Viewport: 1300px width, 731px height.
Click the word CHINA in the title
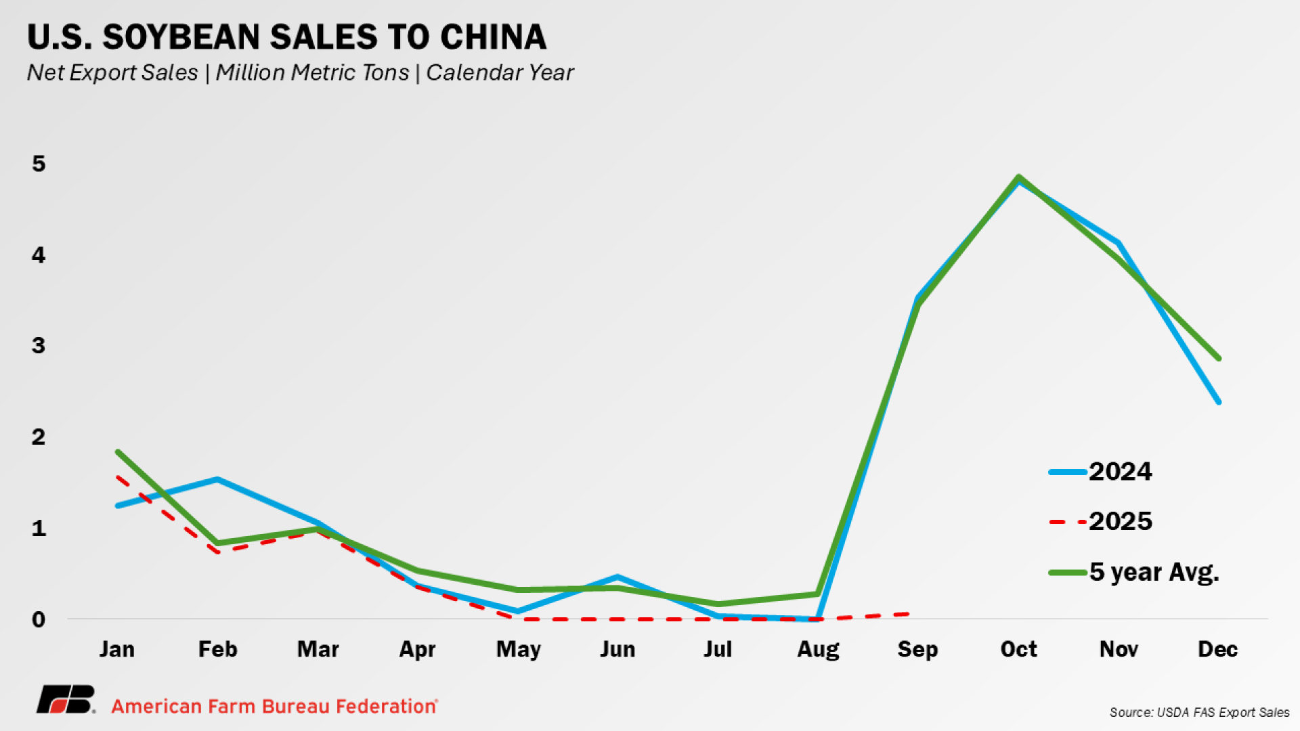click(493, 37)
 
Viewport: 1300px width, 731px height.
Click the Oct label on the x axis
click(1018, 649)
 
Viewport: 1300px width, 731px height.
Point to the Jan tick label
click(117, 649)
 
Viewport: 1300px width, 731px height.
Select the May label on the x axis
click(518, 650)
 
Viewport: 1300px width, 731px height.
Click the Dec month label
click(1217, 649)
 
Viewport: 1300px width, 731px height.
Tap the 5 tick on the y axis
click(39, 164)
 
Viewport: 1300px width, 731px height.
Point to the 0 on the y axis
click(39, 619)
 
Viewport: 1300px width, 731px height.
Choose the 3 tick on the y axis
click(39, 346)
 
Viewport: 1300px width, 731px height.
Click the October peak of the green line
click(1018, 177)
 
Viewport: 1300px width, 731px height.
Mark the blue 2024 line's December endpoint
click(1218, 401)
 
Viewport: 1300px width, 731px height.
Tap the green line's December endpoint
click(1218, 358)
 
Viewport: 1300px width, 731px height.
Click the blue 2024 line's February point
click(217, 480)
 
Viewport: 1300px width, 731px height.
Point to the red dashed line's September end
click(907, 614)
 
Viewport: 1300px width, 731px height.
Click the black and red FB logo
click(66, 700)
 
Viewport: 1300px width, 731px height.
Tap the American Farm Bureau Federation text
click(274, 706)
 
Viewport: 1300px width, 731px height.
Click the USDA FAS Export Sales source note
click(1199, 712)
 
